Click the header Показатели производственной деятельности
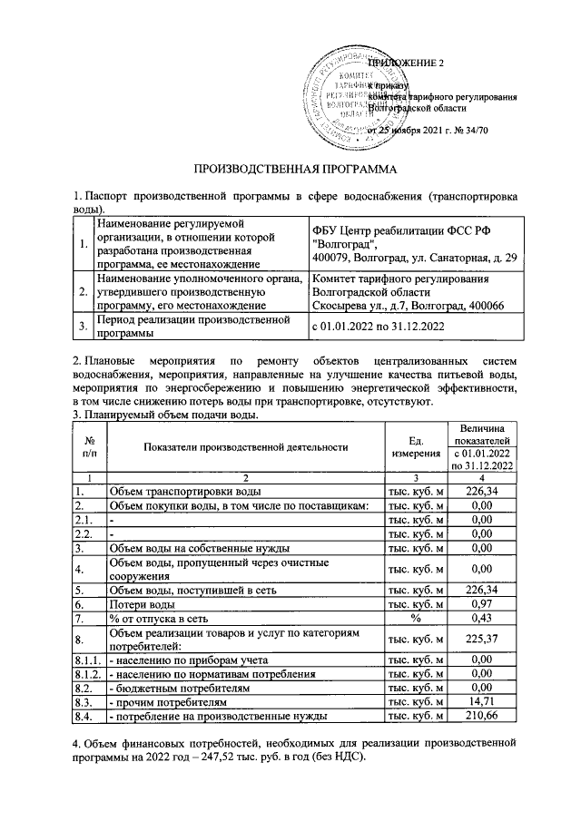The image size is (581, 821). pyautogui.click(x=245, y=445)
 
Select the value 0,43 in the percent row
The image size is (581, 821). pyautogui.click(x=481, y=618)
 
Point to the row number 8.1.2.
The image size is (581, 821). pyautogui.click(x=89, y=675)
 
